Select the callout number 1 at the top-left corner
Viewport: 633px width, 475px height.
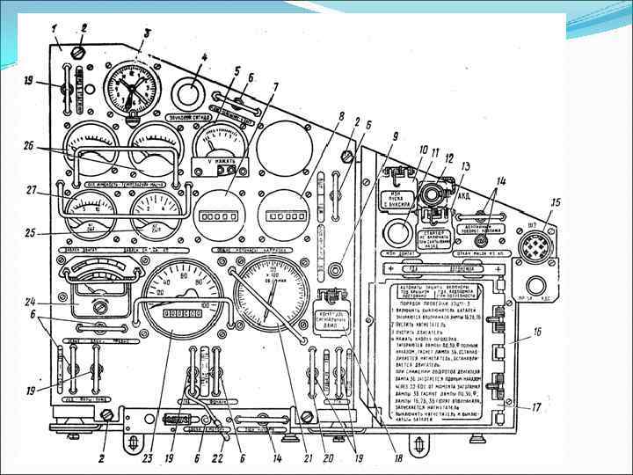[x=55, y=28]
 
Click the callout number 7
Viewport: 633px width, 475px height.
[x=274, y=88]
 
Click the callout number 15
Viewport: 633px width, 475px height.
[x=555, y=203]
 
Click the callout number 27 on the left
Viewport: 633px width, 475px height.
[x=33, y=189]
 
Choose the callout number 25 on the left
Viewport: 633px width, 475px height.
[x=31, y=232]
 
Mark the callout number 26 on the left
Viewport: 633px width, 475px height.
[x=32, y=146]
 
